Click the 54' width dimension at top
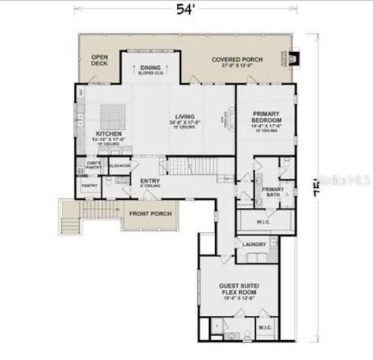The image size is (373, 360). [184, 8]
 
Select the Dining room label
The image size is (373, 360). [151, 68]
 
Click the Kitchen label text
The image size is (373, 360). [109, 133]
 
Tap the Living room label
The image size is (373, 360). [185, 117]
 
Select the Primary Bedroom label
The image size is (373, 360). [266, 116]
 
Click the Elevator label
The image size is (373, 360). [120, 166]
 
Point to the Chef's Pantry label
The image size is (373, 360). [93, 165]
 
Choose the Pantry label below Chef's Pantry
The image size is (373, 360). [89, 186]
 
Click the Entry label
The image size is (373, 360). [150, 181]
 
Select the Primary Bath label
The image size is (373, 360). [273, 191]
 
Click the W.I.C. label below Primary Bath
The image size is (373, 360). [264, 221]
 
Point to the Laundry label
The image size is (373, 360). [253, 244]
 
